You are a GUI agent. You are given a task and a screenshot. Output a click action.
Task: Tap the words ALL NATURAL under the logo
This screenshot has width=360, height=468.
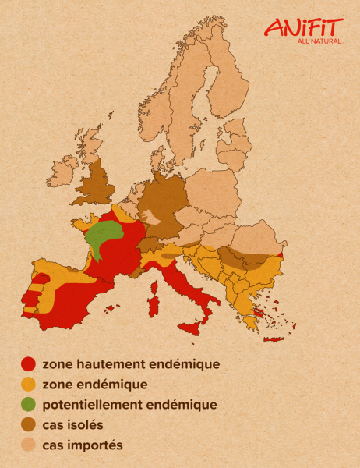coord(319,41)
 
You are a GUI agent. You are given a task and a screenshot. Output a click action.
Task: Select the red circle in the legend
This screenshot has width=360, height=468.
coord(29,363)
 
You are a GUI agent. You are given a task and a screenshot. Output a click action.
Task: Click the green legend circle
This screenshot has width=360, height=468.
coord(29,404)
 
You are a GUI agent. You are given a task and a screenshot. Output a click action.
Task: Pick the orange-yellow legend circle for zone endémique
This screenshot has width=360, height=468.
coord(29,384)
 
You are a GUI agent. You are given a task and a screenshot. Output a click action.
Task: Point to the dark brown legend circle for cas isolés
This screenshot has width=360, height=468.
coord(29,424)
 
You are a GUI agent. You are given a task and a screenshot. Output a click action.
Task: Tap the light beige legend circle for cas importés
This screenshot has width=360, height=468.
coord(29,445)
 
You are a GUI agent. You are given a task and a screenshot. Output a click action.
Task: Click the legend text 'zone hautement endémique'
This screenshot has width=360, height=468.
coord(131,363)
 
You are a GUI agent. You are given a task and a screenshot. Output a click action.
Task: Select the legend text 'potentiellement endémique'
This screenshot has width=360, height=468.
coord(129,404)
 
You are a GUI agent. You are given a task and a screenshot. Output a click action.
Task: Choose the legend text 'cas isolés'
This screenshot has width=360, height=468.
coord(73,424)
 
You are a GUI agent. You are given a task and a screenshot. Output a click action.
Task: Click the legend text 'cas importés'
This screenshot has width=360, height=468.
coord(83,445)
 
